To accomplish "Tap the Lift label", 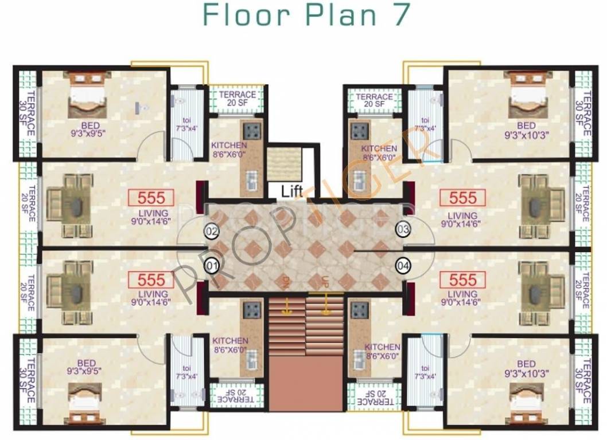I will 291,191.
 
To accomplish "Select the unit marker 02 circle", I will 212,231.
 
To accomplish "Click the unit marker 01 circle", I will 212,266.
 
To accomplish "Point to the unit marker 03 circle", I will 403,230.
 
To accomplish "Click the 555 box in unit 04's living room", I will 462,280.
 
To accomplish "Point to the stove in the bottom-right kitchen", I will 359,310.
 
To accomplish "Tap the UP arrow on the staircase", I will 326,290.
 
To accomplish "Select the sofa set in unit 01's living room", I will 69,284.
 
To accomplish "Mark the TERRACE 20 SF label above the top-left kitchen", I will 237,99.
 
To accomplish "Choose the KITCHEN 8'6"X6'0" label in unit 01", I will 230,345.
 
